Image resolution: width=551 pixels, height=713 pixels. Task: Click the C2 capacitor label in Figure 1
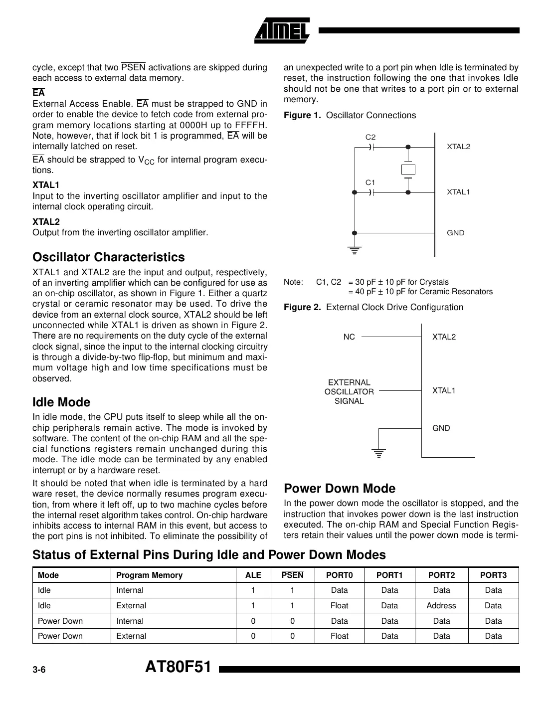tap(370, 137)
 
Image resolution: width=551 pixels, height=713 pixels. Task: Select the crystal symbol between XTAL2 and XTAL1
tap(408, 170)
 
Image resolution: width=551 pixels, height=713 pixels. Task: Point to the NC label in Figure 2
tap(349, 337)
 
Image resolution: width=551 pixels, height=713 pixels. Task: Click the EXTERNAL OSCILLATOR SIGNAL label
tap(349, 391)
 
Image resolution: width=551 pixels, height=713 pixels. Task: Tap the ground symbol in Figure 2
tap(379, 453)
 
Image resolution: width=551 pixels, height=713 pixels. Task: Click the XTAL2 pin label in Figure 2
tap(444, 337)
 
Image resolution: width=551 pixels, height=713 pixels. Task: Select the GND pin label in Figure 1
tap(455, 233)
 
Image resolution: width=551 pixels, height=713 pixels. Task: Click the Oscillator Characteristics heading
tap(108, 257)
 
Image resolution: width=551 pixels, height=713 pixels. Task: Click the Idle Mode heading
tap(61, 402)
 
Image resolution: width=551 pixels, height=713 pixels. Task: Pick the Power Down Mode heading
tap(339, 489)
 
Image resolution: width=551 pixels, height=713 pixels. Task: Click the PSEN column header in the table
tap(292, 575)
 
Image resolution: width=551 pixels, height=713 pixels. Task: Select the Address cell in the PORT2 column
tap(441, 606)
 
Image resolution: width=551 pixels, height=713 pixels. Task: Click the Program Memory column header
tap(149, 575)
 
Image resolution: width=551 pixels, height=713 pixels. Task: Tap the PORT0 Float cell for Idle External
tap(339, 606)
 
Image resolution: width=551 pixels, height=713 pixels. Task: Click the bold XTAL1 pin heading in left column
tap(46, 185)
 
